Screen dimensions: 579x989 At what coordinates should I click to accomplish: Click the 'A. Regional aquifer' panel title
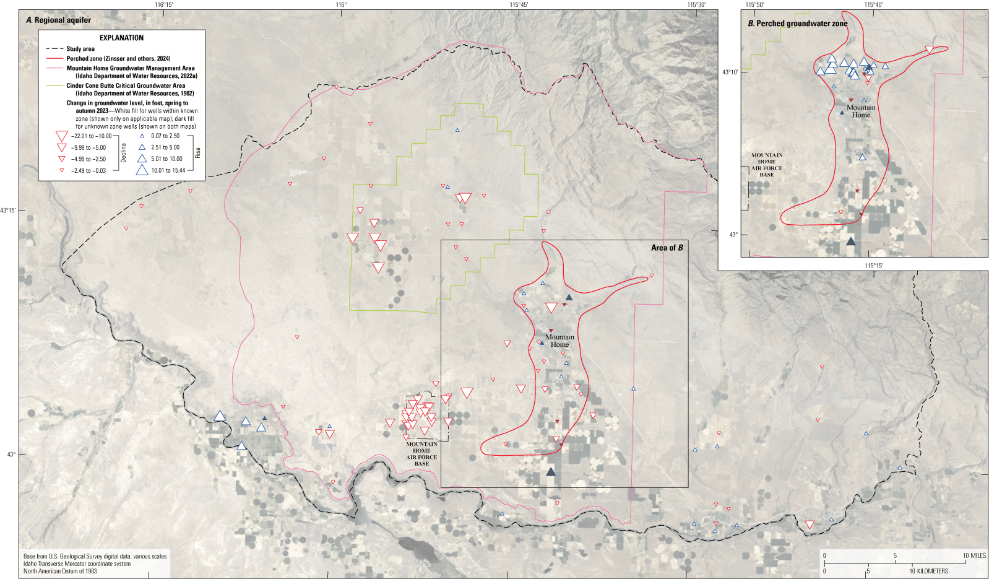click(x=59, y=20)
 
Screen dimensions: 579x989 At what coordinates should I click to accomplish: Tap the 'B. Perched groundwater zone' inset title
click(x=798, y=24)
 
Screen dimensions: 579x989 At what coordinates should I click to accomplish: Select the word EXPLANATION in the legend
click(x=121, y=38)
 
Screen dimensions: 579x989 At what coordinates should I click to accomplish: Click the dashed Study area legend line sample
click(x=54, y=49)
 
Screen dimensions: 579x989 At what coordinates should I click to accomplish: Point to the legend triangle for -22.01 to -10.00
click(x=61, y=136)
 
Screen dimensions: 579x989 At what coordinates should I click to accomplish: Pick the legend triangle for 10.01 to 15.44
click(x=142, y=170)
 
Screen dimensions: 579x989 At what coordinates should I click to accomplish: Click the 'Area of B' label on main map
click(x=667, y=248)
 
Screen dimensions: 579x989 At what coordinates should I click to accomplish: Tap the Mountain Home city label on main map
click(x=559, y=341)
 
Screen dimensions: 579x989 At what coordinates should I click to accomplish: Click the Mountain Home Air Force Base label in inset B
click(x=767, y=165)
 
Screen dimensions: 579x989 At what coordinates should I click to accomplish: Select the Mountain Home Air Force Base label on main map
click(x=421, y=454)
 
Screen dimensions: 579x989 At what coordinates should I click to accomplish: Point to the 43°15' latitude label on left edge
click(x=8, y=211)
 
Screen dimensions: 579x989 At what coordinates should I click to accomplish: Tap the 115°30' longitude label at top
click(x=696, y=4)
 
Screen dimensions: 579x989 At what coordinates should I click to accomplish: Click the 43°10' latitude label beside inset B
click(x=730, y=72)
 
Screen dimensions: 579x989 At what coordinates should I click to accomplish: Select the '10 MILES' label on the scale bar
click(x=974, y=555)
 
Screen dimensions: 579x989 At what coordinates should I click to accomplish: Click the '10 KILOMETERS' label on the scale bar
click(x=928, y=571)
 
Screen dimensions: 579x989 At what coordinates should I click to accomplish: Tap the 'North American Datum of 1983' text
click(x=60, y=571)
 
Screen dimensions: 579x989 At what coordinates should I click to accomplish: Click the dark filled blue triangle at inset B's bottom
click(x=851, y=242)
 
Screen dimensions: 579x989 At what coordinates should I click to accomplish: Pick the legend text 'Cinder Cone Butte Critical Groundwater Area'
click(x=126, y=86)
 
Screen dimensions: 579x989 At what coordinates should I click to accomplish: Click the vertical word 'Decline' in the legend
click(x=124, y=153)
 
